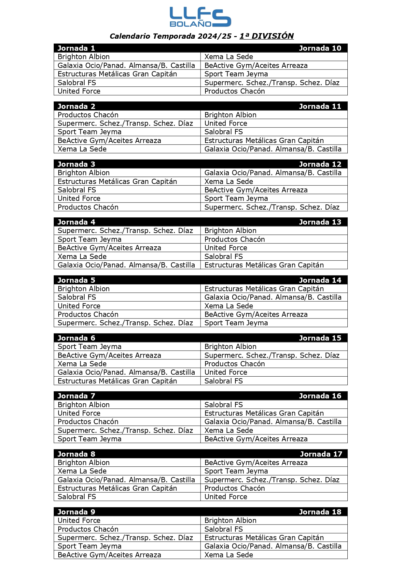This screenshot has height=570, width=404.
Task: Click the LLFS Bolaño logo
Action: point(200,17)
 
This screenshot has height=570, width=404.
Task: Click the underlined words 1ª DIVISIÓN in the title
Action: point(266,36)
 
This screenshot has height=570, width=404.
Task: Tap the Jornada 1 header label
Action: point(76,48)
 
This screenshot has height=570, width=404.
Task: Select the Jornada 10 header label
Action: point(320,48)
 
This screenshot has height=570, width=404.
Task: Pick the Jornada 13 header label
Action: point(320,222)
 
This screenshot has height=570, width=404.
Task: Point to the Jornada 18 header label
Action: point(320,512)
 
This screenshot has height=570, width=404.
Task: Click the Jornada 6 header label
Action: point(76,338)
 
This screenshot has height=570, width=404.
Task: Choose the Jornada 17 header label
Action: point(321,454)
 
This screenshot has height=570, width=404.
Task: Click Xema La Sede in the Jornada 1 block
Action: point(229,57)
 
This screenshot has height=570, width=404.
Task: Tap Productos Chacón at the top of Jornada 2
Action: point(88,115)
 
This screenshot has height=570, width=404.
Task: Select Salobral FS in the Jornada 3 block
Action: point(77,190)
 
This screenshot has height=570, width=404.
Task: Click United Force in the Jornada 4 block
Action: point(226,248)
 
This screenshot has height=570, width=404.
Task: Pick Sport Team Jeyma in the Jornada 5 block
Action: point(236,323)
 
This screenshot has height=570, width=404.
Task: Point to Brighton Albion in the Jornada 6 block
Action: point(230,347)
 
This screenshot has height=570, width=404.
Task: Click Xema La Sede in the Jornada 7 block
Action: point(229,431)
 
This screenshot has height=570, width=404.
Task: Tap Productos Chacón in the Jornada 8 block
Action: point(234,488)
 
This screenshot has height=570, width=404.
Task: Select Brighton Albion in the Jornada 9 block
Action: point(230,521)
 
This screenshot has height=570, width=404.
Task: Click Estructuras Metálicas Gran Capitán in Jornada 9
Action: point(264,538)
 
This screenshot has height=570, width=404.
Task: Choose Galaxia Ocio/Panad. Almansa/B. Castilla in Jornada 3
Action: point(273,173)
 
